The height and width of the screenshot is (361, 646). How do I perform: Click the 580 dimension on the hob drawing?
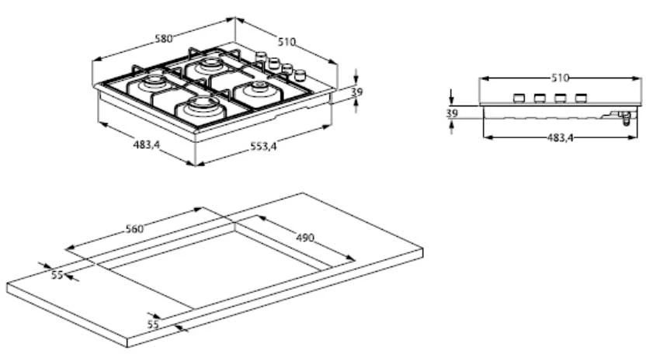click(162, 38)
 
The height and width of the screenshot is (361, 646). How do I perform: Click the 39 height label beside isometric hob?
click(357, 92)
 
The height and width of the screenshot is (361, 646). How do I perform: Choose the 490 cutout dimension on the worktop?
click(304, 238)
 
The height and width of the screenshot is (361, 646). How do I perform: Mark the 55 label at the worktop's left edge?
click(57, 275)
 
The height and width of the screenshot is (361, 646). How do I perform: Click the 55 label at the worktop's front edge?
click(153, 324)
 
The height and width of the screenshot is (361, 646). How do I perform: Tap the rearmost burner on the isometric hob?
click(210, 67)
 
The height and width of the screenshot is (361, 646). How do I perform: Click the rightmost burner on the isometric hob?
click(256, 92)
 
